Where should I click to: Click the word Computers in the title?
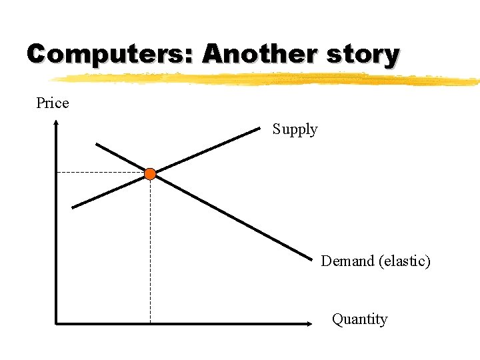[x=107, y=54]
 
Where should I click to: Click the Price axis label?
[x=53, y=103]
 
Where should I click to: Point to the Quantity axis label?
[x=359, y=319]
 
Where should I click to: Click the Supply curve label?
[x=295, y=129]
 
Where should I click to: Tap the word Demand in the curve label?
[x=347, y=261]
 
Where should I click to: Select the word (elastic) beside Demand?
[x=405, y=261]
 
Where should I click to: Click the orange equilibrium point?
[x=150, y=174]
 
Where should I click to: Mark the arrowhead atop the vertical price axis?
[x=57, y=123]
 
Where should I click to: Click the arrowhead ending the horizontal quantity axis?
[x=309, y=324]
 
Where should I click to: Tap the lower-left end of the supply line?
[x=73, y=207]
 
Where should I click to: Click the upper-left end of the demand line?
[x=97, y=144]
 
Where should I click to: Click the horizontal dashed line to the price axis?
[x=100, y=172]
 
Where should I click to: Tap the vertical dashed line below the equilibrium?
[x=150, y=253]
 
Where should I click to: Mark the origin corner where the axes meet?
[x=57, y=324]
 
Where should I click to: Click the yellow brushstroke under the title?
[x=267, y=79]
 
